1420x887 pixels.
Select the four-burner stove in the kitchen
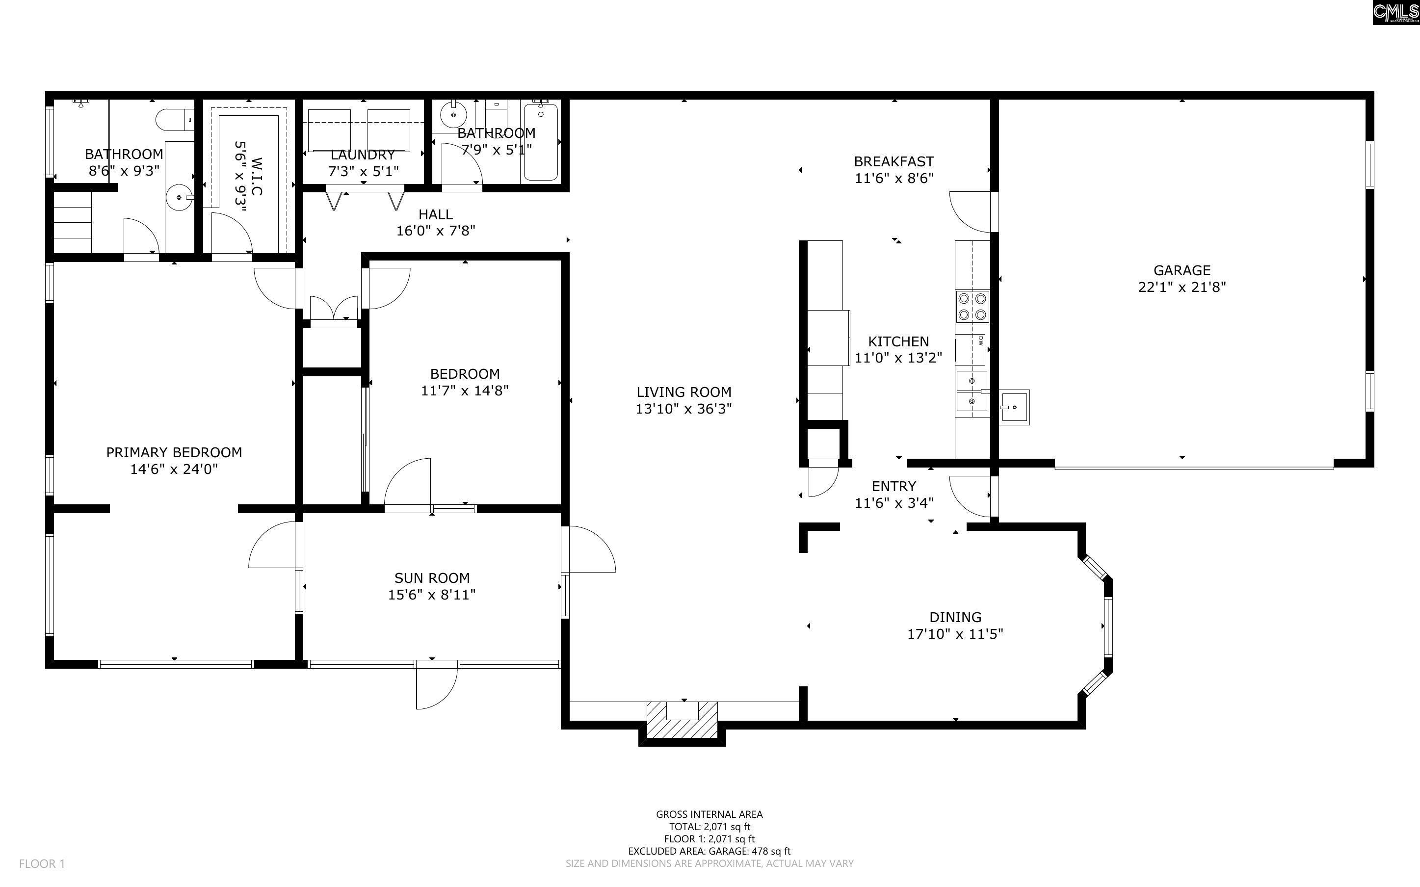tap(973, 307)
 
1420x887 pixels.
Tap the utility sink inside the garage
tap(1014, 407)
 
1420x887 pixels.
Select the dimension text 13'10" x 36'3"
tap(684, 409)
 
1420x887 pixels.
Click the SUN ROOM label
tap(432, 578)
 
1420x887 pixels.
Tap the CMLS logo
tap(1395, 12)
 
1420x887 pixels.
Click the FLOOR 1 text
tap(42, 863)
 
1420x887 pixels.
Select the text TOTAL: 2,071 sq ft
tap(709, 827)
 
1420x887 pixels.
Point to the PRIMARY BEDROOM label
tap(174, 452)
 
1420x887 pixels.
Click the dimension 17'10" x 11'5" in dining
tap(955, 633)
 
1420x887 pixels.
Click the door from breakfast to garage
tap(971, 211)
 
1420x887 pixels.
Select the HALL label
tap(435, 215)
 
